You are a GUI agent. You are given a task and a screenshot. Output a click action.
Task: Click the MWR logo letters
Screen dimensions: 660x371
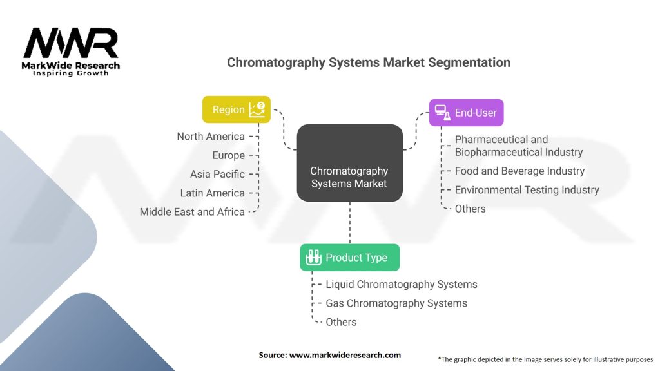point(71,43)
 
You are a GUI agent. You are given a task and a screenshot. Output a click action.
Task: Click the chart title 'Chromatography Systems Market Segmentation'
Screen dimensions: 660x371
point(368,62)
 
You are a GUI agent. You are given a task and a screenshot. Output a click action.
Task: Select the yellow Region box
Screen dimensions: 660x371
point(237,109)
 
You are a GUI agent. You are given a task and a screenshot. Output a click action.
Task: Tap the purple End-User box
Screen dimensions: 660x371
point(467,113)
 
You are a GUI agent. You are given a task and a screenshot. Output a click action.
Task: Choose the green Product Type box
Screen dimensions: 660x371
point(350,258)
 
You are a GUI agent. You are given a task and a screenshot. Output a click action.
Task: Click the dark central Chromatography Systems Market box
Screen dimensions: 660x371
point(350,163)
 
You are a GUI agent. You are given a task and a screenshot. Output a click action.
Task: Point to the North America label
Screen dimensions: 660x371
point(211,137)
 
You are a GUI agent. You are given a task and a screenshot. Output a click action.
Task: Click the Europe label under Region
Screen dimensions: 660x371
point(229,155)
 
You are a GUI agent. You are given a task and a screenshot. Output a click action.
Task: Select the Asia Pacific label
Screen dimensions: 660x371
point(217,174)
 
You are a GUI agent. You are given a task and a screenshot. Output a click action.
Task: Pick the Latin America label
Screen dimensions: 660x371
point(213,193)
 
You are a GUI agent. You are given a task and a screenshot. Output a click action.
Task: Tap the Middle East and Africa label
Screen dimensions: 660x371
point(192,212)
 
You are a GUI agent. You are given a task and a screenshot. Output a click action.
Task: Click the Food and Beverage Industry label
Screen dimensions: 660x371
point(520,171)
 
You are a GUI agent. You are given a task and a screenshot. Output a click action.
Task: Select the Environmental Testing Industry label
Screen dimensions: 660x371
point(527,190)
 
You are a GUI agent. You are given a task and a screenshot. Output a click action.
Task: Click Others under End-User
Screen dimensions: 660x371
point(470,209)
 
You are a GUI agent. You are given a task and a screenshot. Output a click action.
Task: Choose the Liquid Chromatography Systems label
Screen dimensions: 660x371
point(402,284)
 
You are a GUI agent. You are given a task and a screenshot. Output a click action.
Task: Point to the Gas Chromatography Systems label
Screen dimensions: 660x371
point(396,303)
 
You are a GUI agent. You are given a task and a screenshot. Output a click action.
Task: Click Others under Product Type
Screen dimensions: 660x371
point(341,322)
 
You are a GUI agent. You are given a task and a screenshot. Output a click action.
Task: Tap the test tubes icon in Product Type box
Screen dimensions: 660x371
point(313,258)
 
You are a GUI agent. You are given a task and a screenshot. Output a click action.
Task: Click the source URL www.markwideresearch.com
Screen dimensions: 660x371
point(345,355)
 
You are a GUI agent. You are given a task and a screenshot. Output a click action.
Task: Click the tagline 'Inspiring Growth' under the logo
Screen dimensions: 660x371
point(71,73)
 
